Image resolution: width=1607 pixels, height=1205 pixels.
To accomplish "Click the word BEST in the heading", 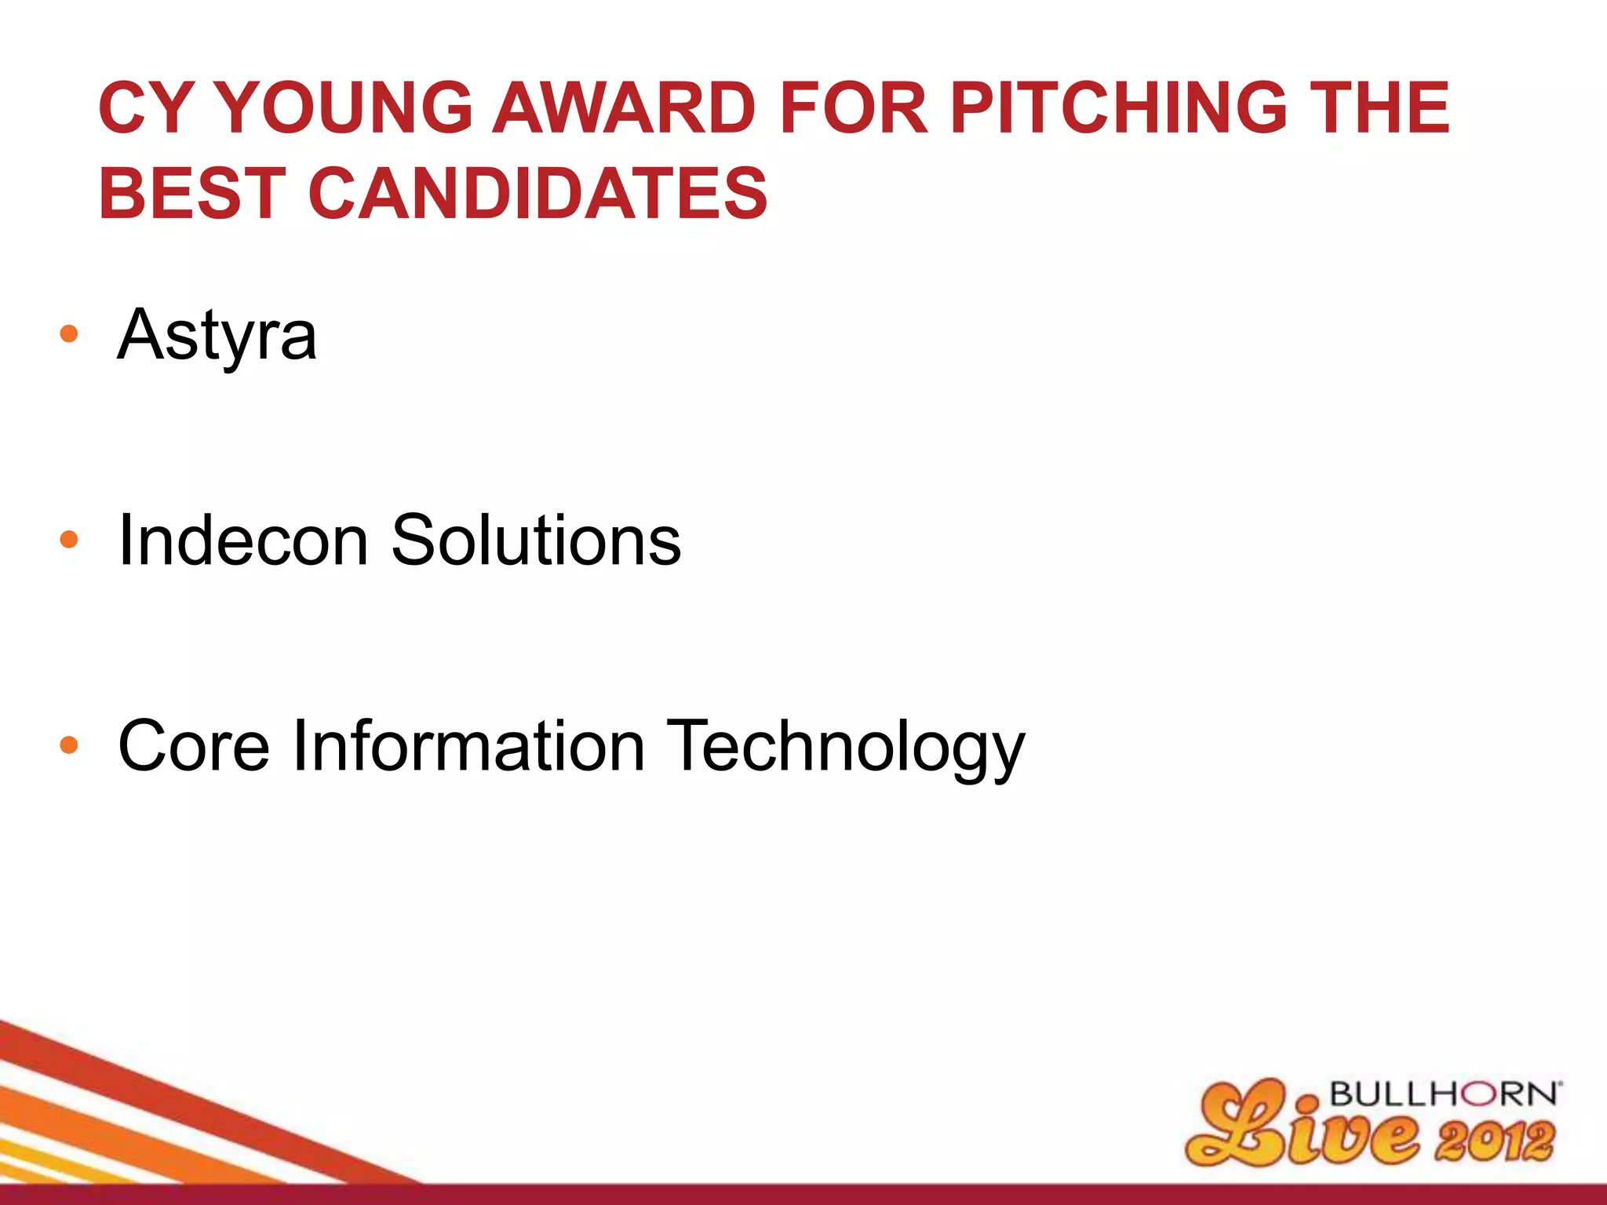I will pos(190,193).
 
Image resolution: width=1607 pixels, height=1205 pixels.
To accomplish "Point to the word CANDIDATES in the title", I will pos(537,193).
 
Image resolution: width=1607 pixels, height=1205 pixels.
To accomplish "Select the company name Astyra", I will pos(217,336).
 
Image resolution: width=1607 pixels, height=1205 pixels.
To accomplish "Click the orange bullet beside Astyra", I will pos(69,334).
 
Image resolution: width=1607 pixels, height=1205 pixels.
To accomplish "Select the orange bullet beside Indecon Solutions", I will pos(69,539).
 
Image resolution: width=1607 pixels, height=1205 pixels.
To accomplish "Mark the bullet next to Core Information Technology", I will pos(69,744).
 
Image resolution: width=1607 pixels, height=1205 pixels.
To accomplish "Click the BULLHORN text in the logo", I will pos(1445,1094).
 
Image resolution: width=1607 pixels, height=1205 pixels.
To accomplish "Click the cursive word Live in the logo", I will pos(1303,1130).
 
